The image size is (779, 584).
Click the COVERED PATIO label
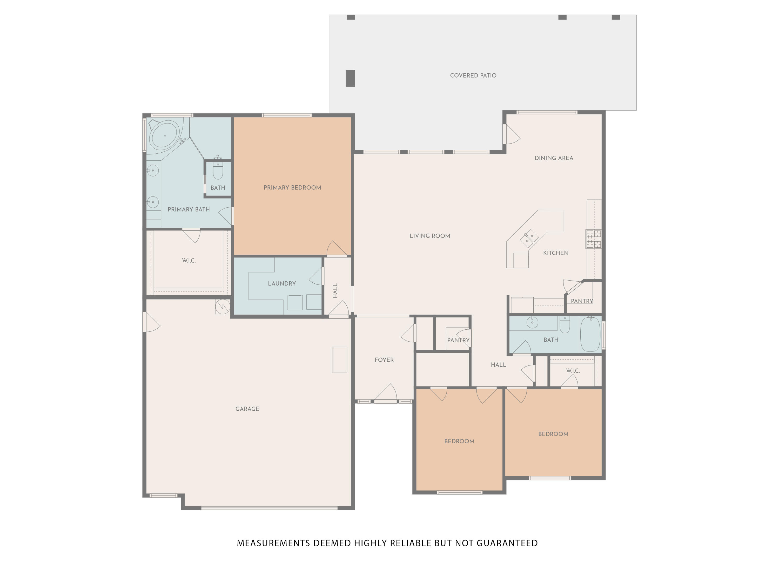(x=473, y=75)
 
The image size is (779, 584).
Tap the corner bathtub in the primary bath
(x=164, y=134)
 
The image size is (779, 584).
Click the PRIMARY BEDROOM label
(x=292, y=188)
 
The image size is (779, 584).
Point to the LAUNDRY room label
(x=282, y=283)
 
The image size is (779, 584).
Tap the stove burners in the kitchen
(x=593, y=239)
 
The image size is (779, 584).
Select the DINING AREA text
(x=554, y=158)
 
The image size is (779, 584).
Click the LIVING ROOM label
(x=430, y=236)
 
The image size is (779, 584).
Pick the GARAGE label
(x=247, y=409)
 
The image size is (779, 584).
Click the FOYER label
(x=384, y=360)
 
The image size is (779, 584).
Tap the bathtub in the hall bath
(x=590, y=334)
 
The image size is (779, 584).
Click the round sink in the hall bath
(x=532, y=322)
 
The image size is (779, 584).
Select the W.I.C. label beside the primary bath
(x=189, y=261)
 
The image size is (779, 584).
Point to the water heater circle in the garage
(x=223, y=306)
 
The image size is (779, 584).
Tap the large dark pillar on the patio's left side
(x=350, y=78)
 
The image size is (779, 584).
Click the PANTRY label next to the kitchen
(x=582, y=301)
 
